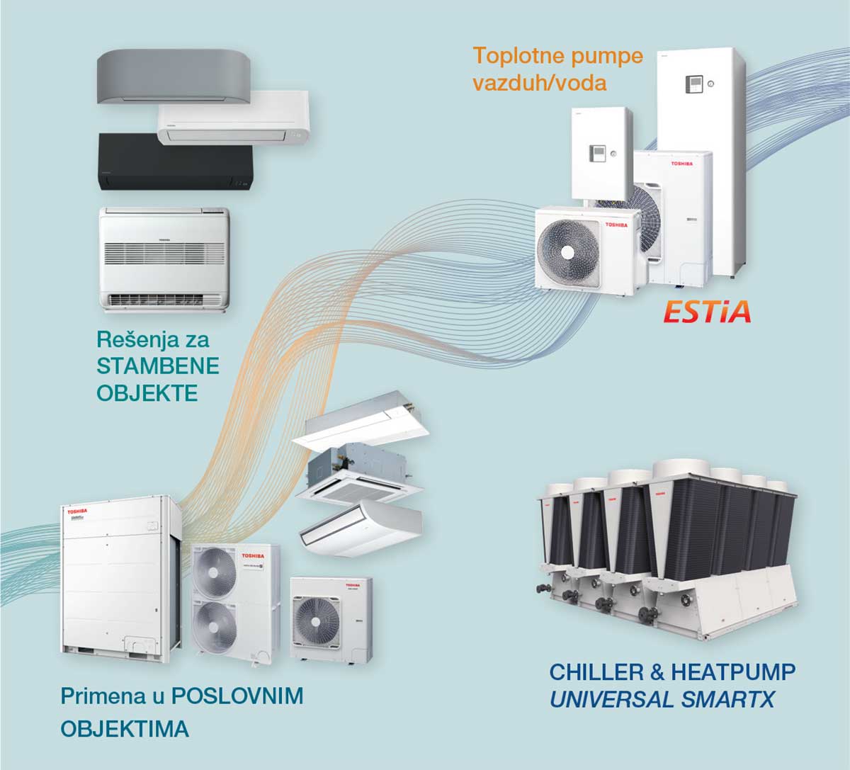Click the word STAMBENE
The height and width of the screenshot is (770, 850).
pos(158,366)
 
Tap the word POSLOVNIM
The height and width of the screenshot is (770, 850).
pos(237,696)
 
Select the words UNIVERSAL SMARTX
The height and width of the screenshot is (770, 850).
pos(662,700)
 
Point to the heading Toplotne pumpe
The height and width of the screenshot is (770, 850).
pos(558,55)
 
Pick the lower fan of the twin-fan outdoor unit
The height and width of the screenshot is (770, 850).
pos(216,627)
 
